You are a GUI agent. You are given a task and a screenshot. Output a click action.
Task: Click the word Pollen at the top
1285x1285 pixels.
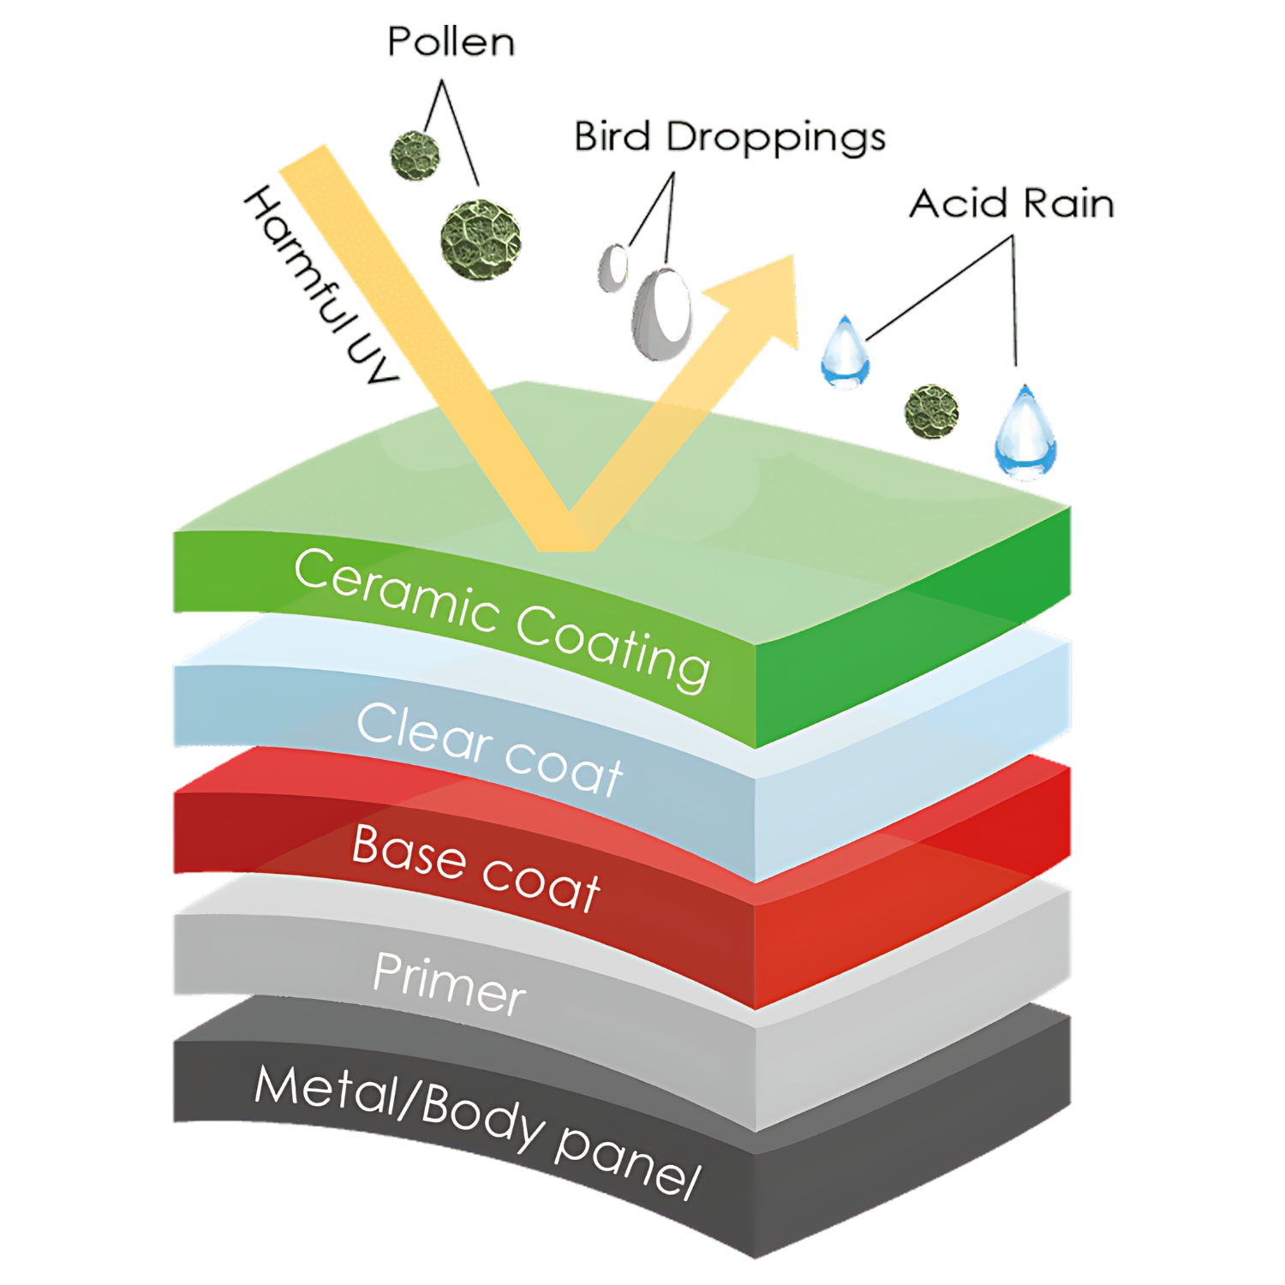click(x=451, y=41)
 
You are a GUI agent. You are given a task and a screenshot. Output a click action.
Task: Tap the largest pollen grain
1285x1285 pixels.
click(x=481, y=241)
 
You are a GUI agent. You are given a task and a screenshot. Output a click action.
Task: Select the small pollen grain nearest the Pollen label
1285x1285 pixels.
click(x=415, y=156)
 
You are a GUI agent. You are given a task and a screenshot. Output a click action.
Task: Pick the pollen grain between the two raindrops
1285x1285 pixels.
click(x=931, y=411)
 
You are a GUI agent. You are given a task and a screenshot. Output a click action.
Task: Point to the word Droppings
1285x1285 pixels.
click(x=775, y=139)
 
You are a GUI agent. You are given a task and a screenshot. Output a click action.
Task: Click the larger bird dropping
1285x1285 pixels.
click(x=662, y=313)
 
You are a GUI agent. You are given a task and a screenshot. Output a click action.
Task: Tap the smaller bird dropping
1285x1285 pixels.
click(x=613, y=267)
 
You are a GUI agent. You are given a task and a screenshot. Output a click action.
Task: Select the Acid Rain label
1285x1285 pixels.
click(x=1011, y=204)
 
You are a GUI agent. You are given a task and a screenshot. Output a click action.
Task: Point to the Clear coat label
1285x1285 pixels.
click(x=489, y=749)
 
